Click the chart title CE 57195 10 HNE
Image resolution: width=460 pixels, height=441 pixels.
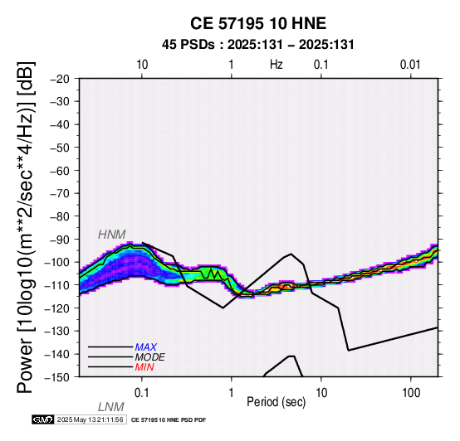point(258,23)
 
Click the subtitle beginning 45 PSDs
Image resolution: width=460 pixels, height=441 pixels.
point(258,45)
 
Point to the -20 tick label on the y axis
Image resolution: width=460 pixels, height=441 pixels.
point(60,79)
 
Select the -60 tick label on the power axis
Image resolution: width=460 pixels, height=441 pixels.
point(60,171)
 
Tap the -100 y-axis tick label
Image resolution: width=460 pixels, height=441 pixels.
point(57,262)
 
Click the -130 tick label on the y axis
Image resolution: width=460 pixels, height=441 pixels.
point(57,331)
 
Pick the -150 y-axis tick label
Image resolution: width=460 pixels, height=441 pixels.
point(57,377)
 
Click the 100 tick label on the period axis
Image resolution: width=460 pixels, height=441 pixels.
point(411,393)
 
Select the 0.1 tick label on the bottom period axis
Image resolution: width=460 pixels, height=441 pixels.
point(142,393)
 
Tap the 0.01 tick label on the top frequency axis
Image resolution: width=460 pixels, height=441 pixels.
point(410,65)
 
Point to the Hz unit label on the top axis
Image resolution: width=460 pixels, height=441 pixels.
point(276,65)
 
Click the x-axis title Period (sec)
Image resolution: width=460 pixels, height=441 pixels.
point(276,402)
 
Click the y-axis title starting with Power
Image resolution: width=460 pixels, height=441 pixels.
point(26,227)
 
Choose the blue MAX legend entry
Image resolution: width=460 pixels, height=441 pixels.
point(146,347)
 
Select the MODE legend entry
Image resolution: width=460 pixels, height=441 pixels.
point(150,357)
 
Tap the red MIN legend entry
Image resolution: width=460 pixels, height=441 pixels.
point(144,367)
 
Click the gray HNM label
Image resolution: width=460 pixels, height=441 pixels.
point(112,235)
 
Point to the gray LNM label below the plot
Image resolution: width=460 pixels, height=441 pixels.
point(111,407)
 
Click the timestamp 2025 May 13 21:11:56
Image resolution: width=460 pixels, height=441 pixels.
point(90,419)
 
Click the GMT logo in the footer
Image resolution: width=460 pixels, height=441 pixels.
point(43,419)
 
